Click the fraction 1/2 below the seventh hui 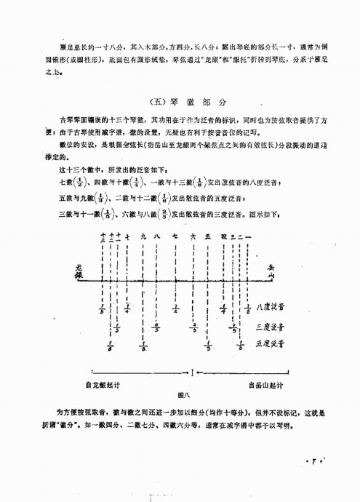[175, 310]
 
